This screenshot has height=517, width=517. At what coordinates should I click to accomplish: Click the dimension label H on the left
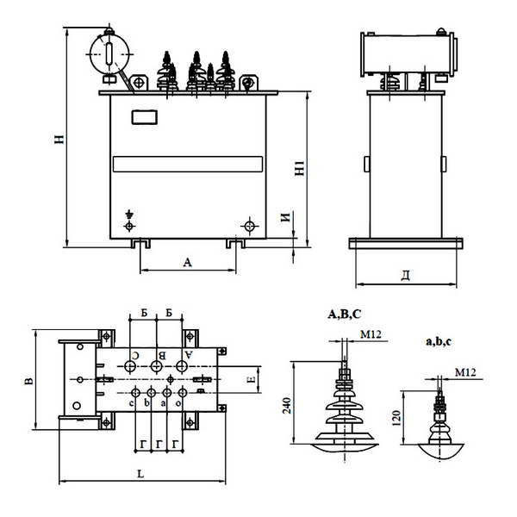[x=59, y=139]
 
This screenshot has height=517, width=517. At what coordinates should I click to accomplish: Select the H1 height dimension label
[x=299, y=168]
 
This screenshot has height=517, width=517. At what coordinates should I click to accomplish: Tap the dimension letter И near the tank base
[x=285, y=217]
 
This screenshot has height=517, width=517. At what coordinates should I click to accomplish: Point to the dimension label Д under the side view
[x=406, y=275]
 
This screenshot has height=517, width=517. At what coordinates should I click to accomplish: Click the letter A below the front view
[x=187, y=263]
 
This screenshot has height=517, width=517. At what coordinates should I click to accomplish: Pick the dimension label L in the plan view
[x=140, y=474]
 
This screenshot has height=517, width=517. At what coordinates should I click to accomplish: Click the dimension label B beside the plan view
[x=29, y=381]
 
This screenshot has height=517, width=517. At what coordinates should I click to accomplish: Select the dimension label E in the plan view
[x=252, y=379]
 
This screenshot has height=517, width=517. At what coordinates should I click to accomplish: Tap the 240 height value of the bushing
[x=287, y=406]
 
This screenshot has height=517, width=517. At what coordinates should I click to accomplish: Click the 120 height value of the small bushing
[x=396, y=418]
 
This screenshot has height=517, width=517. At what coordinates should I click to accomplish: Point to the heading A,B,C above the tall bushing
[x=345, y=315]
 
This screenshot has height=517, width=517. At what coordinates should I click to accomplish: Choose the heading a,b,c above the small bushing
[x=439, y=341]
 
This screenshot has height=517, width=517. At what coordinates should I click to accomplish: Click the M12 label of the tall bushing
[x=371, y=334]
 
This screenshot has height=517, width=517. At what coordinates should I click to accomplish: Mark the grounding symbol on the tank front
[x=129, y=215]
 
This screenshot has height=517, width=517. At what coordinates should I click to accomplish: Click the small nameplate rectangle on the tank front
[x=145, y=117]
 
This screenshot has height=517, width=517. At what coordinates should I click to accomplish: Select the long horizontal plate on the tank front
[x=188, y=165]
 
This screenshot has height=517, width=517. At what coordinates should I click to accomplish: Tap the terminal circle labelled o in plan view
[x=183, y=393]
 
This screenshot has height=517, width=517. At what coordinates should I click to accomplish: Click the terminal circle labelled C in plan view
[x=130, y=366]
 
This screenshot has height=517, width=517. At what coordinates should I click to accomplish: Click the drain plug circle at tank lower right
[x=250, y=226]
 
